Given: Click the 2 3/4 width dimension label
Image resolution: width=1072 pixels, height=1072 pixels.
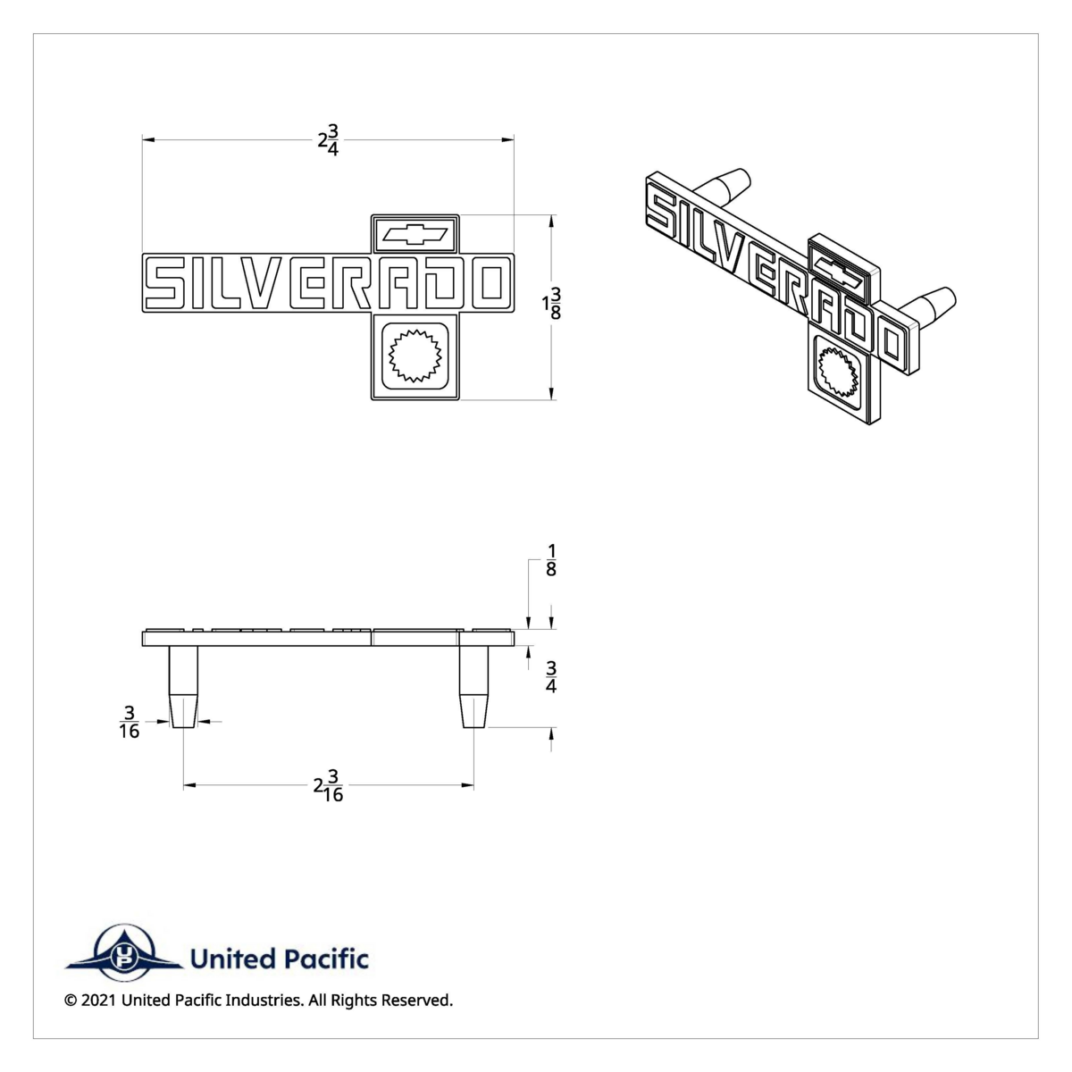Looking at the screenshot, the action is coord(328,140).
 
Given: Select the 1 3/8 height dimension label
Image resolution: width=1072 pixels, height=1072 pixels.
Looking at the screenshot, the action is coord(552,304).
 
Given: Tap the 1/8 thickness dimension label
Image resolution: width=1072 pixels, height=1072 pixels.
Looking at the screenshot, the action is coord(551,560).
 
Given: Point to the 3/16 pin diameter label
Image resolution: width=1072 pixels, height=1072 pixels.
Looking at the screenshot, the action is coord(129,722).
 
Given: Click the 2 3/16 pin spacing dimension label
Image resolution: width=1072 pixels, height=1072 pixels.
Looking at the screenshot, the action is coord(328,785).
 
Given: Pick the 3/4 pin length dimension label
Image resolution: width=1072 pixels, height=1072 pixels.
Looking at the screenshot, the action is coord(551,677).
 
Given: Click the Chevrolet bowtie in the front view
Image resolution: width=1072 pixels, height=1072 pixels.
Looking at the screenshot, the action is coord(415,234).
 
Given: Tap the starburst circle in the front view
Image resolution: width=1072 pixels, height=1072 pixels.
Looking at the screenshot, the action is coord(415,356).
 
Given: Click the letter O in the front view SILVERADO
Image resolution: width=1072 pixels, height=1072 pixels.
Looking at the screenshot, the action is coord(493,282).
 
